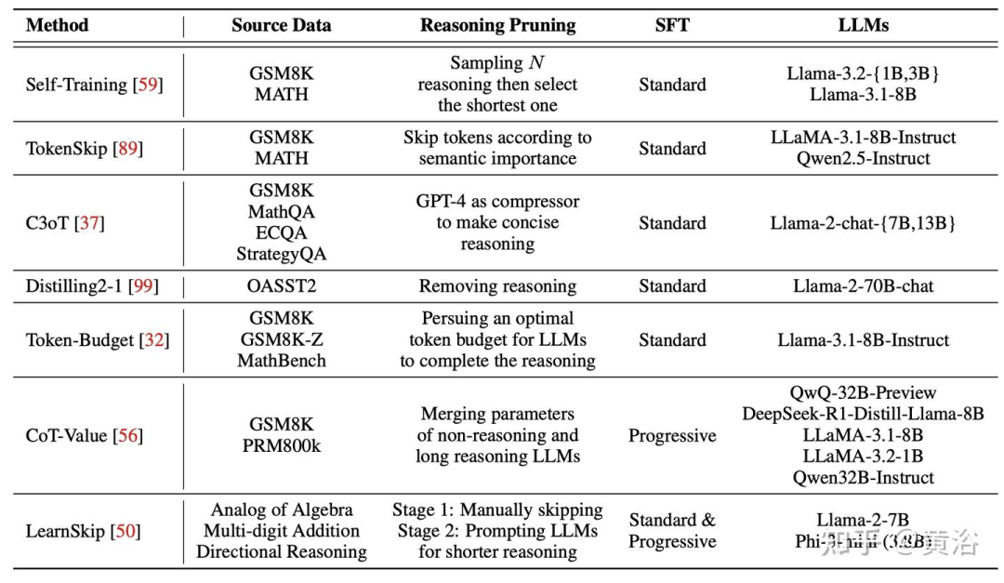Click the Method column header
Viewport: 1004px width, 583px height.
coord(57,25)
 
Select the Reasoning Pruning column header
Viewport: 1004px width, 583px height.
coord(497,25)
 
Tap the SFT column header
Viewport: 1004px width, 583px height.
coord(672,25)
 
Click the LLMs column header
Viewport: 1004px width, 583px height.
coord(863,25)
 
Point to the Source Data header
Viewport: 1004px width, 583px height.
coord(281,25)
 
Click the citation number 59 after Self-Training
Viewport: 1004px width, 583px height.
coord(147,85)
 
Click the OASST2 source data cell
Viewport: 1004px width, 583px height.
coord(281,286)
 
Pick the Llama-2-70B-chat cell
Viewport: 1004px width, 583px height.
coord(863,286)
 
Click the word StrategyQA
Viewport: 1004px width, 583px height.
coord(281,253)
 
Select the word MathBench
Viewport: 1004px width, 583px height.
coord(281,361)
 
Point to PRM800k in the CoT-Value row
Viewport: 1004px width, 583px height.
coord(281,446)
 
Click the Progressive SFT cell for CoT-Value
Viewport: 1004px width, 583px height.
coord(672,435)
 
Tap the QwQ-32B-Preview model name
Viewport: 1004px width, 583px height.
coord(863,392)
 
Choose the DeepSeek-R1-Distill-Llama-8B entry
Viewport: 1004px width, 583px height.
coord(863,414)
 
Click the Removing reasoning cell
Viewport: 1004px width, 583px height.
coord(497,286)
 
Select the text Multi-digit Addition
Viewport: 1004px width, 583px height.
coord(281,531)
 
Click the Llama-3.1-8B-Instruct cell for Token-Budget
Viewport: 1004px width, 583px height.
coord(863,340)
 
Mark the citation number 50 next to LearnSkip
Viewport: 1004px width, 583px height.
coord(125,531)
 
